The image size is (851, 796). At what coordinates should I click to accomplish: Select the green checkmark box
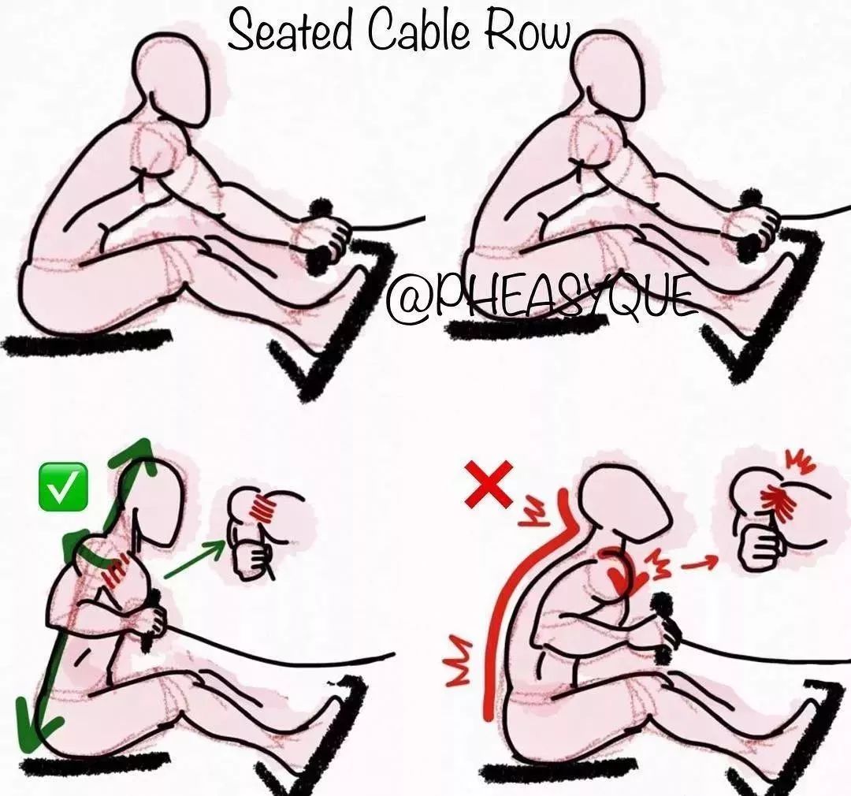(64, 486)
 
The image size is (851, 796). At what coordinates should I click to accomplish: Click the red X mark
(489, 483)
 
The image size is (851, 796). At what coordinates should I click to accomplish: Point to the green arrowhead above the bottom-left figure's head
(136, 456)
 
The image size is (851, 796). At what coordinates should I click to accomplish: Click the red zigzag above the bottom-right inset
(802, 462)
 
